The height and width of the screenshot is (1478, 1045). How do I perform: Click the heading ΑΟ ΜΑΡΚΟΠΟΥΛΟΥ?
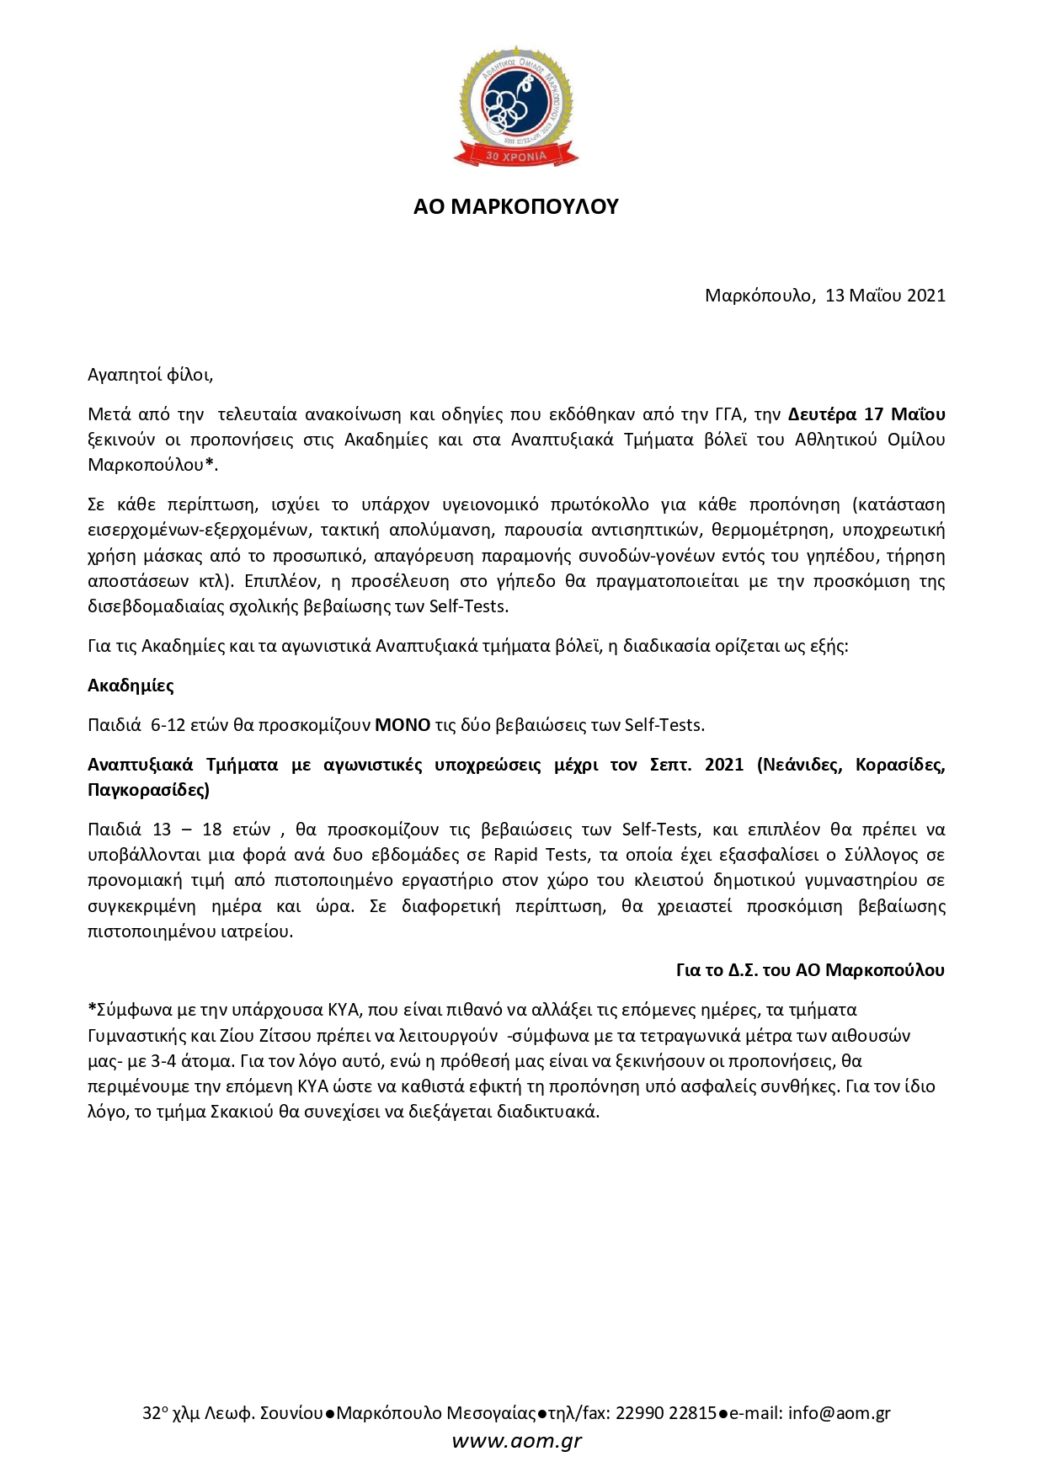515,207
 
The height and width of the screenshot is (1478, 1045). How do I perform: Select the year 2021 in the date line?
925,296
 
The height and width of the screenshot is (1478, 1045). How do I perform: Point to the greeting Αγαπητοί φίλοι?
150,376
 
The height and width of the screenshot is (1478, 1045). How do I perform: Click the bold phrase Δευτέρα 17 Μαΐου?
866,414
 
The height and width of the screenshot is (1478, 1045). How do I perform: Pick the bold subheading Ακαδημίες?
131,686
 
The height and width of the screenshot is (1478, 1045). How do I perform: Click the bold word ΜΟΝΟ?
403,725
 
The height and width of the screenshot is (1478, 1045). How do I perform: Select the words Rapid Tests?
541,855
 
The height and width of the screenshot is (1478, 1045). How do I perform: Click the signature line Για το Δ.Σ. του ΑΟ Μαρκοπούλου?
810,970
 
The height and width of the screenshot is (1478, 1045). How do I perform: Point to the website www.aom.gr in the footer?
516,1441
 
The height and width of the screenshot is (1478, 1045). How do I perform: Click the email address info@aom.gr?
839,1414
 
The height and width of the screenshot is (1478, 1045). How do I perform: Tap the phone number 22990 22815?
666,1414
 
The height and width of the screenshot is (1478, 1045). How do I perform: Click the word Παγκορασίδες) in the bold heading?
148,790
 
